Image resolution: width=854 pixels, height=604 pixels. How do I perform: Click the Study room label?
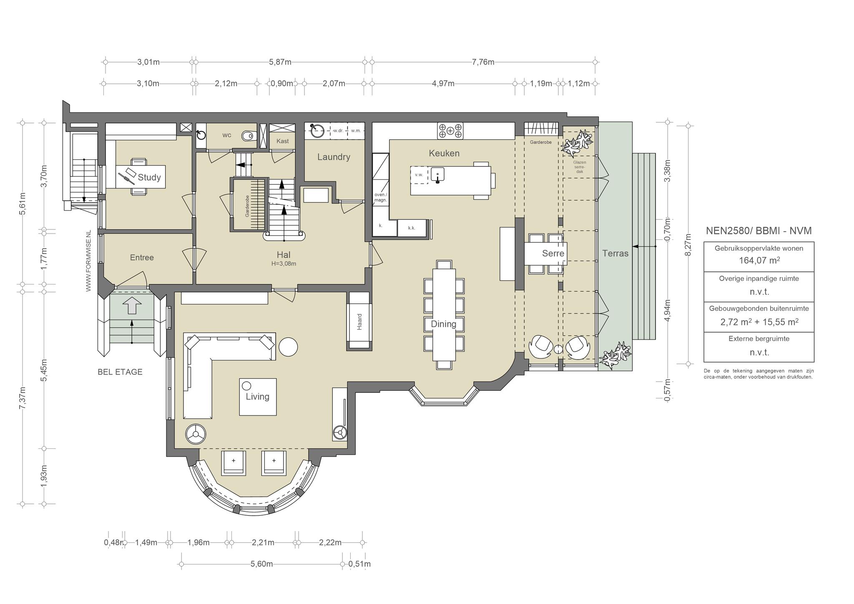pos(149,177)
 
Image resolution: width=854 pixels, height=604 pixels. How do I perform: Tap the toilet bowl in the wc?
pos(249,135)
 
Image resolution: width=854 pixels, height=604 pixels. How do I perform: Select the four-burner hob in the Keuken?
pos(450,131)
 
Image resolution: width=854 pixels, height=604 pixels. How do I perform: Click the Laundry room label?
pos(334,157)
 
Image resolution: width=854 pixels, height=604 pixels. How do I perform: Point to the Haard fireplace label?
pos(359,322)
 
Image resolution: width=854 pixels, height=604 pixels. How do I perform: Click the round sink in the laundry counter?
pos(317,131)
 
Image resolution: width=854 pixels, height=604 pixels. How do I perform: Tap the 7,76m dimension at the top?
pos(483,62)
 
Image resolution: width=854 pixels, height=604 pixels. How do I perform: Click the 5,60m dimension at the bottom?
pos(262,564)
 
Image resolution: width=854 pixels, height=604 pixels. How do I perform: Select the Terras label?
pos(615,253)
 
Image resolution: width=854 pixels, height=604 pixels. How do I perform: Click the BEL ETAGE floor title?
pos(120,372)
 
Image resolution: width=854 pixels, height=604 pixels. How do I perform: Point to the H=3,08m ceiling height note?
pos(284,264)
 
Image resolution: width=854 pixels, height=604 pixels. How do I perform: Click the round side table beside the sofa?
pos(288,346)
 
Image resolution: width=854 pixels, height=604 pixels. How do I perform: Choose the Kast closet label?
pos(282,141)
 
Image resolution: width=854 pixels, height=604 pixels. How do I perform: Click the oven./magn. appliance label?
pos(381,197)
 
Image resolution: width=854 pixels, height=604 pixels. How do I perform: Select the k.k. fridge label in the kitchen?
pos(412,228)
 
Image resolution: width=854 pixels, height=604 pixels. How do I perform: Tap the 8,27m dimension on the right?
pos(688,244)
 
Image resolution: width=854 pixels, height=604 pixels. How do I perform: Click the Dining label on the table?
pos(444,324)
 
